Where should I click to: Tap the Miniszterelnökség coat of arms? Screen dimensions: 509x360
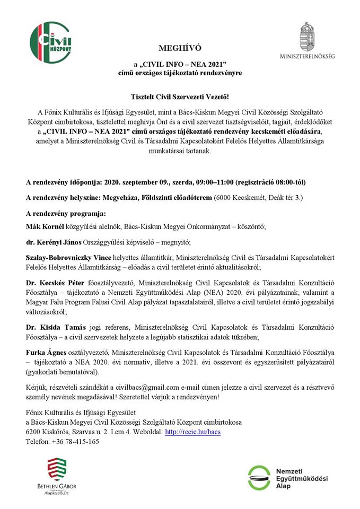coord(308,36)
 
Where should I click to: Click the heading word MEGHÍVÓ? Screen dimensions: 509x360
coord(180,48)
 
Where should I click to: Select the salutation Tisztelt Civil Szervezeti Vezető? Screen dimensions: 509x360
coord(180,97)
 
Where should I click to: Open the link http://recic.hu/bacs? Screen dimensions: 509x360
coord(193,432)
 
